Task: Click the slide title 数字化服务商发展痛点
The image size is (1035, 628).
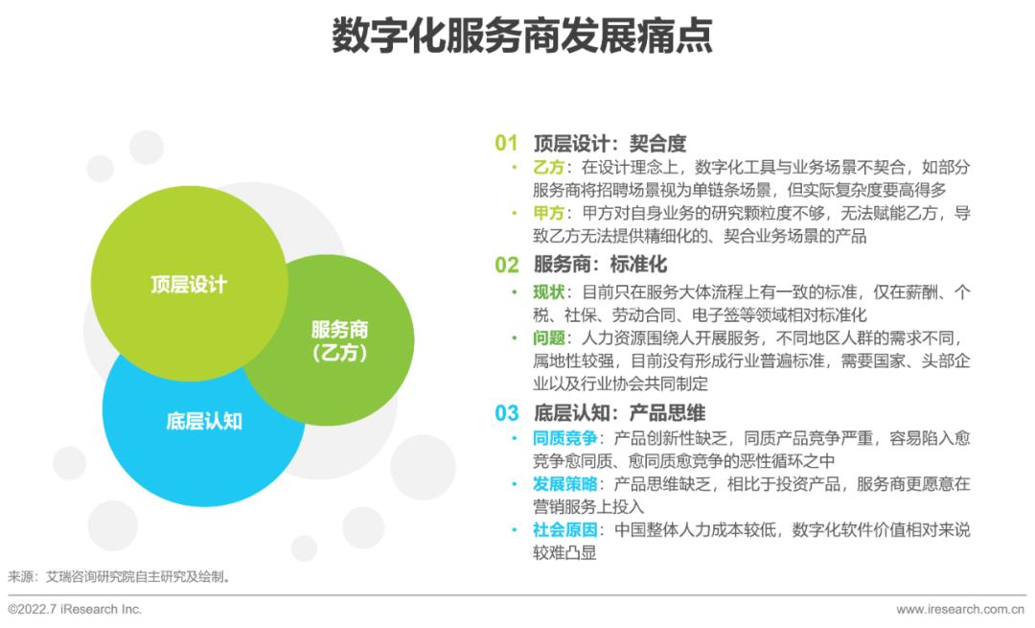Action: tap(522, 35)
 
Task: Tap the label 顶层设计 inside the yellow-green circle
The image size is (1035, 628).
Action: tap(189, 285)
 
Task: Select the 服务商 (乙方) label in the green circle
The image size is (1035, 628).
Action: tap(339, 340)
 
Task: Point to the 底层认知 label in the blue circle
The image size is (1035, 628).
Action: tap(204, 421)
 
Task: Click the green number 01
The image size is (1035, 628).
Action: tap(506, 143)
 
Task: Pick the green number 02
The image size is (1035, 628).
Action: tap(506, 265)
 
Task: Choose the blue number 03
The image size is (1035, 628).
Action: tap(506, 412)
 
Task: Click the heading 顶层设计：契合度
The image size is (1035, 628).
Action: tap(609, 143)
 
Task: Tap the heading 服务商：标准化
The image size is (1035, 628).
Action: tap(600, 265)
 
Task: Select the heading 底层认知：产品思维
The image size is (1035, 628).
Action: tap(619, 412)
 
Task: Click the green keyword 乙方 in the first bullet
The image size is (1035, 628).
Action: tap(549, 167)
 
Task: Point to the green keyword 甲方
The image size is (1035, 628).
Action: tap(549, 213)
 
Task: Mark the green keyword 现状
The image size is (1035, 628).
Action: tap(549, 291)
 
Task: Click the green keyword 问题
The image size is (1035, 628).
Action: tap(549, 338)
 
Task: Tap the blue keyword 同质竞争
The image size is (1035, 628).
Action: tap(565, 438)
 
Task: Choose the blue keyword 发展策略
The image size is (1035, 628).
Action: tap(565, 484)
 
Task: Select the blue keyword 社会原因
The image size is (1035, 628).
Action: tap(565, 529)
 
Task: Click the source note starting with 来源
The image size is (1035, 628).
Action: tap(120, 576)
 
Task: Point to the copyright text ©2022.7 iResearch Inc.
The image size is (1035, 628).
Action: tap(75, 609)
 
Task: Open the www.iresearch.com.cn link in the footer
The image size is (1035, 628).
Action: tap(960, 610)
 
